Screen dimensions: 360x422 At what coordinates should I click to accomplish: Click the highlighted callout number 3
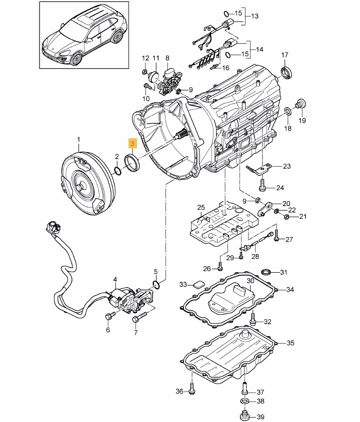(132, 144)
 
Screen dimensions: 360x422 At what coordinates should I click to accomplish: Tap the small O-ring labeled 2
(118, 171)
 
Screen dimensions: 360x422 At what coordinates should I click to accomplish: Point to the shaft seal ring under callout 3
(132, 163)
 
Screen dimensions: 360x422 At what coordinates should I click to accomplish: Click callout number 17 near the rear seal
(284, 55)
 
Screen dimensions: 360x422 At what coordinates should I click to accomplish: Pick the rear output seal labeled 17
(286, 72)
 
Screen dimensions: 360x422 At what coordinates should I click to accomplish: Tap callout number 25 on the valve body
(201, 207)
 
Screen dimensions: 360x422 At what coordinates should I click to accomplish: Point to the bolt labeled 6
(110, 316)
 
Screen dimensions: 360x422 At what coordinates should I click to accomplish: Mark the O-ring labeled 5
(156, 284)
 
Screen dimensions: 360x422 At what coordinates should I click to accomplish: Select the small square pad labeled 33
(199, 285)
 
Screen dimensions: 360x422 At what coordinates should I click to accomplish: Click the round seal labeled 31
(266, 272)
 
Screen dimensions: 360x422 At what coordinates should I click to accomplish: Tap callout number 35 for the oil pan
(290, 343)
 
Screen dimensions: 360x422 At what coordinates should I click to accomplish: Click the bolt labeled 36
(191, 387)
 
